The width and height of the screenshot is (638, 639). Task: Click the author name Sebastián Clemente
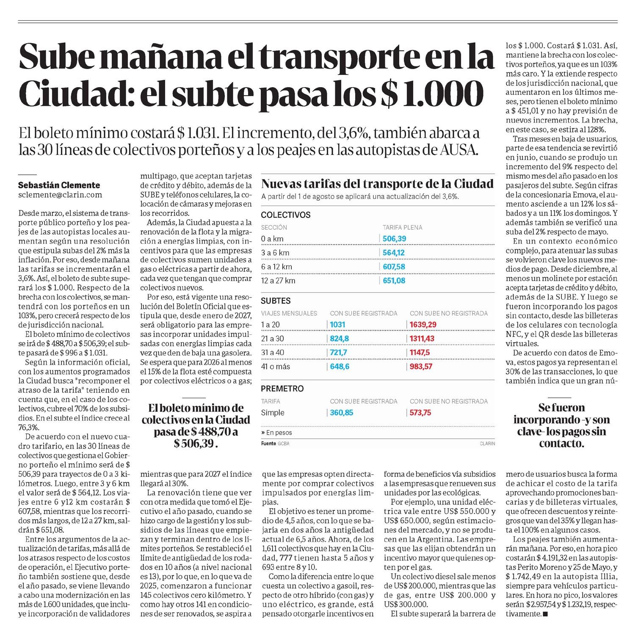pyautogui.click(x=59, y=185)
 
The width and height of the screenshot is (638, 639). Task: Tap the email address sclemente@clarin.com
pyautogui.click(x=60, y=195)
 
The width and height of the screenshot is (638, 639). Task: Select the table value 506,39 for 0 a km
pyautogui.click(x=394, y=239)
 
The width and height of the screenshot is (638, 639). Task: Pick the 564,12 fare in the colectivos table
pyautogui.click(x=394, y=253)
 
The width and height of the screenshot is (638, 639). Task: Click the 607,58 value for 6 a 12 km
pyautogui.click(x=394, y=267)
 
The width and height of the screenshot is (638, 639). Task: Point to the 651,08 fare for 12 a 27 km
pyautogui.click(x=394, y=281)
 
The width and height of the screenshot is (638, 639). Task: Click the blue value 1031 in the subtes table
pyautogui.click(x=338, y=325)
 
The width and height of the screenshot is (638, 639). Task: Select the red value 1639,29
pyautogui.click(x=423, y=325)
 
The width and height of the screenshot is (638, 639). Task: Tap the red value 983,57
pyautogui.click(x=421, y=366)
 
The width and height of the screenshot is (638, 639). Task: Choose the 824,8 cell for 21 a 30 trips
pyautogui.click(x=340, y=339)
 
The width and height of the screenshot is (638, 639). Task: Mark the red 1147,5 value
pyautogui.click(x=420, y=353)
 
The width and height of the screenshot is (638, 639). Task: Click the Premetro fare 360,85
pyautogui.click(x=341, y=413)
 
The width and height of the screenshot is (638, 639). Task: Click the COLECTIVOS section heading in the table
pyautogui.click(x=286, y=215)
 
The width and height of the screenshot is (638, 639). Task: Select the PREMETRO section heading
pyautogui.click(x=282, y=388)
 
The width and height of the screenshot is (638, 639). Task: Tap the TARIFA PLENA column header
pyautogui.click(x=402, y=227)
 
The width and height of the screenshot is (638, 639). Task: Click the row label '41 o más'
pyautogui.click(x=276, y=366)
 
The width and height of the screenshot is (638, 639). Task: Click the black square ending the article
pyautogui.click(x=545, y=614)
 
